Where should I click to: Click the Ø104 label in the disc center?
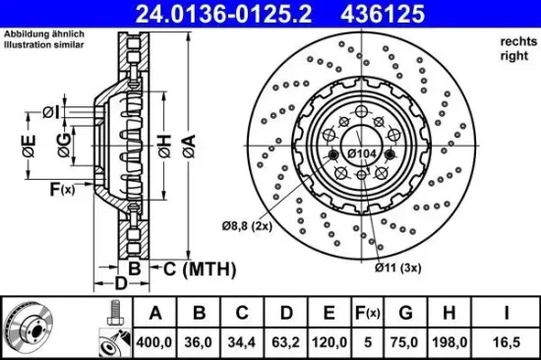point(361,154)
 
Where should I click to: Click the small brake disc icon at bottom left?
point(27,329)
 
